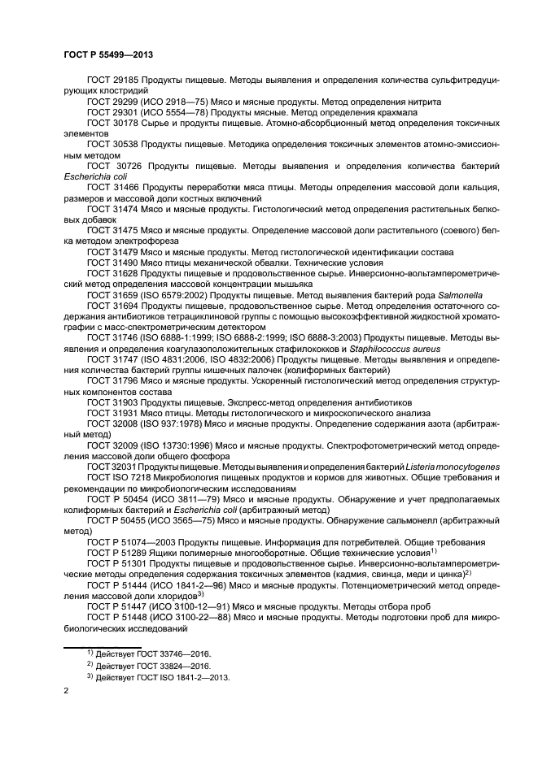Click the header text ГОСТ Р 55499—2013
[109, 54]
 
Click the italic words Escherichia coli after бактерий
[86, 174]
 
